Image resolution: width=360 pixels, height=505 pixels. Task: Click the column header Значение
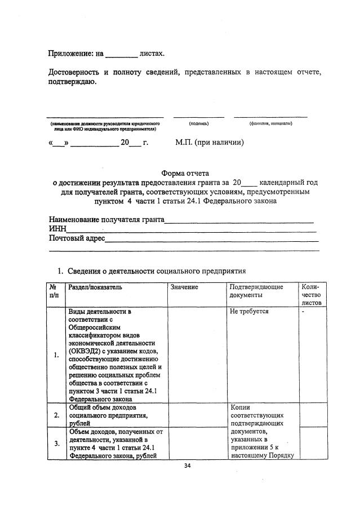[x=184, y=287]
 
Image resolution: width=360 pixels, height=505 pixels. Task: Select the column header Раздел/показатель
[x=95, y=287]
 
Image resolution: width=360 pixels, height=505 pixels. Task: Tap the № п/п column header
[x=54, y=291]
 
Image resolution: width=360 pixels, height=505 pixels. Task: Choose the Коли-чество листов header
[x=311, y=294]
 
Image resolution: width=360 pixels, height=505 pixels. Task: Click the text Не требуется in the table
[x=249, y=311]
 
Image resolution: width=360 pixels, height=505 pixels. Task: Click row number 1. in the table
[x=56, y=355]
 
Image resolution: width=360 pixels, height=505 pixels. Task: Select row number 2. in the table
[x=56, y=415]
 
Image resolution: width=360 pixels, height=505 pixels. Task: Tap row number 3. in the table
[x=56, y=444]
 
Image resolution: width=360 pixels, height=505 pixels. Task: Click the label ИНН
[x=57, y=229]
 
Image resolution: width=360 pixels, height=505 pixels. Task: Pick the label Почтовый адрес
[x=77, y=239]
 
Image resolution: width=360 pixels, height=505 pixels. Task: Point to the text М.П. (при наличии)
[x=210, y=143]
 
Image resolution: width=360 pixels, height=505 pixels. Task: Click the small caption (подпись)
[x=199, y=123]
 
